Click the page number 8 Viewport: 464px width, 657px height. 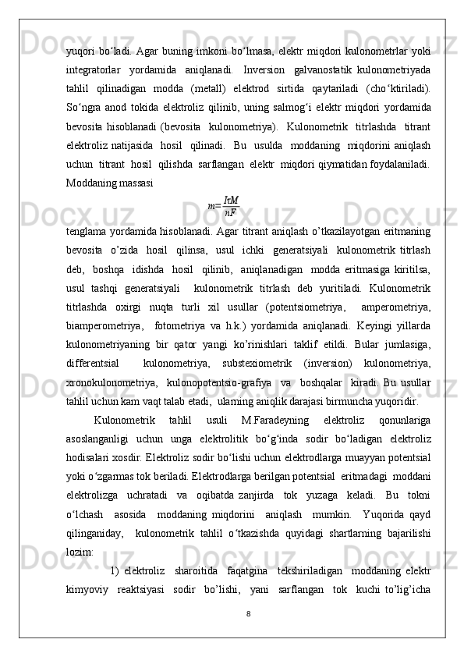pos(248,614)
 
